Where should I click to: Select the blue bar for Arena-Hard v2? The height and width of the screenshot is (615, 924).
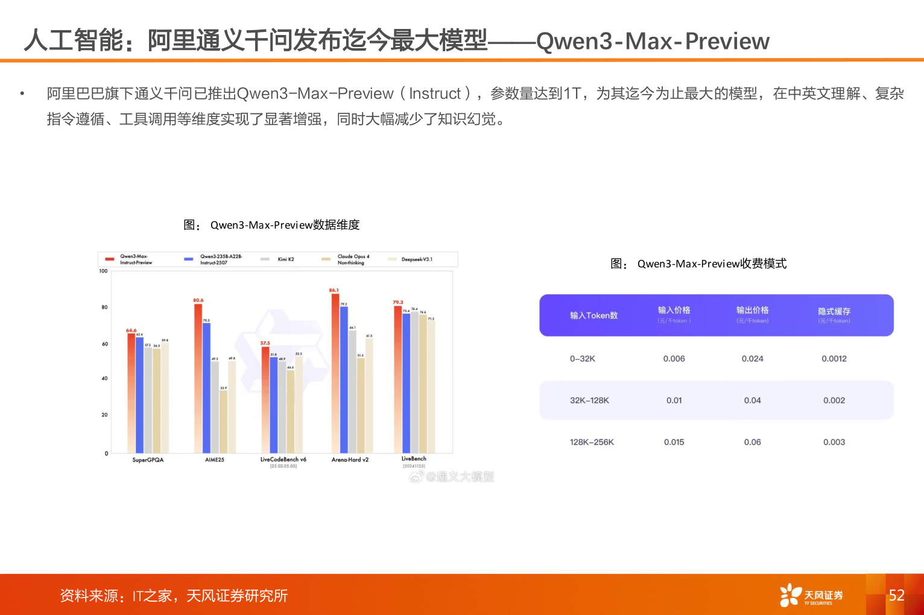pos(344,380)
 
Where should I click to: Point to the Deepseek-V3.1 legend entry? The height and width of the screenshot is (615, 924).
pos(416,259)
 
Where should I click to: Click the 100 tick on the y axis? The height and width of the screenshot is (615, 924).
pos(103,271)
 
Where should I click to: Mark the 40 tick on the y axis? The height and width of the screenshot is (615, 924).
pos(104,379)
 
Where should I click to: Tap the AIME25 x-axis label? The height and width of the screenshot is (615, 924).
pos(214,460)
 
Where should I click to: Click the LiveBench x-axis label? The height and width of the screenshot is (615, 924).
pos(414,459)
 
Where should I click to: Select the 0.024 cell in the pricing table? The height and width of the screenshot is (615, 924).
pos(752,359)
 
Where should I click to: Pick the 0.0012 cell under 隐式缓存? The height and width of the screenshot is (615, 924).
pos(834,359)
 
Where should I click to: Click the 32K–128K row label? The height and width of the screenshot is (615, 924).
pos(589,400)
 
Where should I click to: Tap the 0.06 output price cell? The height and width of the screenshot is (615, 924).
pos(752,442)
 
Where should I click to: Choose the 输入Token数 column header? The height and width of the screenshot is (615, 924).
pos(593,315)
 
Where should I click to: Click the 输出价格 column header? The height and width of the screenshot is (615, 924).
pos(752,311)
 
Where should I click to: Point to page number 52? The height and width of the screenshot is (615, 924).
pos(896,595)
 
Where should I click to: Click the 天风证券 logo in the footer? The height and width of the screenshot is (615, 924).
pos(811,595)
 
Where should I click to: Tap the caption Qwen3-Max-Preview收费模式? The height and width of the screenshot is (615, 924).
pos(712,263)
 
